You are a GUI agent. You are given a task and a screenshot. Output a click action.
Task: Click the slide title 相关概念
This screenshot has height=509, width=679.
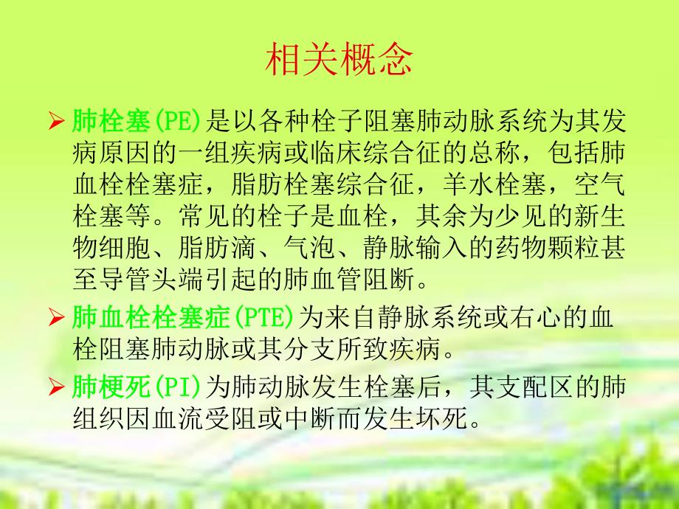(339, 61)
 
